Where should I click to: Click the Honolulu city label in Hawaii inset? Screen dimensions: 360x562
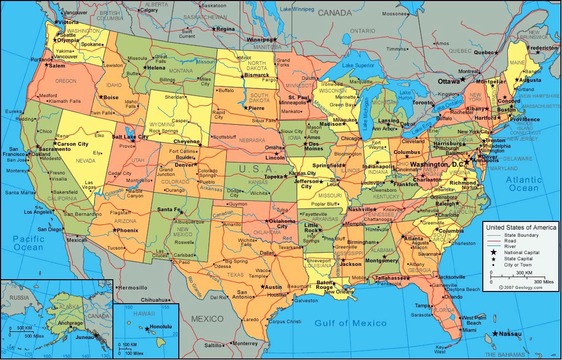[x=161, y=327]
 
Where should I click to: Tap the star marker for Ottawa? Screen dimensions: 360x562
[x=462, y=79]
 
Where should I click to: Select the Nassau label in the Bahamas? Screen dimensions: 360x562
[x=510, y=334]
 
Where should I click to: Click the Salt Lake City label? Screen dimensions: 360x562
[x=130, y=137]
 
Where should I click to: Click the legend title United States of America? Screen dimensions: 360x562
[x=521, y=227]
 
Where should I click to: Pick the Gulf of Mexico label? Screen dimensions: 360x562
[x=350, y=323]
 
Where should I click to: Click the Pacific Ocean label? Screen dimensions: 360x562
[x=29, y=243]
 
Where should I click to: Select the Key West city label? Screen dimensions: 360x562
[x=440, y=349]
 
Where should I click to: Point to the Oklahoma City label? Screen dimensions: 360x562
[x=282, y=223]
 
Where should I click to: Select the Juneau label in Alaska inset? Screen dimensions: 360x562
[x=84, y=337]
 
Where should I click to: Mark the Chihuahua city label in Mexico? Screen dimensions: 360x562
[x=154, y=300]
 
